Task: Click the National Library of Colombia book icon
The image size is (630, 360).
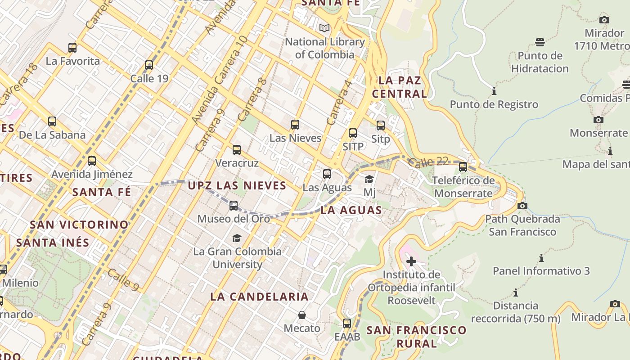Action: [x=324, y=28]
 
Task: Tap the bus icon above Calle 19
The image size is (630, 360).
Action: [x=149, y=65]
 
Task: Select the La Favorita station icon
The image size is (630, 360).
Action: [x=72, y=48]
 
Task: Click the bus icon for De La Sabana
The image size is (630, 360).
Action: [x=52, y=121]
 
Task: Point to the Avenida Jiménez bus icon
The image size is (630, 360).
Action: [x=92, y=161]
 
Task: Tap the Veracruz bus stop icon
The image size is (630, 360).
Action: [x=237, y=150]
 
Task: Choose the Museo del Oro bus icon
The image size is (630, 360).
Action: [x=234, y=206]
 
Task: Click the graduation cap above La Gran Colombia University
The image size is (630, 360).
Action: [x=237, y=238]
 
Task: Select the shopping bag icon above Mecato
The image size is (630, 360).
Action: [x=302, y=315]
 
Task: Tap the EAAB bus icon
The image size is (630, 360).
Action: [x=347, y=323]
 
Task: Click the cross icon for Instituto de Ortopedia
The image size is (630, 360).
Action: [x=411, y=261]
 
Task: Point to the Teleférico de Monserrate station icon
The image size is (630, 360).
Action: [x=463, y=167]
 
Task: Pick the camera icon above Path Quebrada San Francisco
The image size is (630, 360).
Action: [x=522, y=206]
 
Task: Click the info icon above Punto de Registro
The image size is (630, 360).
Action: [x=494, y=91]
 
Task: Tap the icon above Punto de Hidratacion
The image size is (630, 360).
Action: [x=540, y=42]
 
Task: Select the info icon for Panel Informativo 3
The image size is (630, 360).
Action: [x=541, y=258]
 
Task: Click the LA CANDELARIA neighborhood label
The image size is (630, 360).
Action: [x=260, y=297]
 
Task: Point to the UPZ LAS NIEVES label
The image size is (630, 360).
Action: [x=237, y=185]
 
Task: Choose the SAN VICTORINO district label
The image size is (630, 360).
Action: [x=79, y=224]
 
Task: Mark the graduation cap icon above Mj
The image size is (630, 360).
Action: [x=369, y=179]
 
